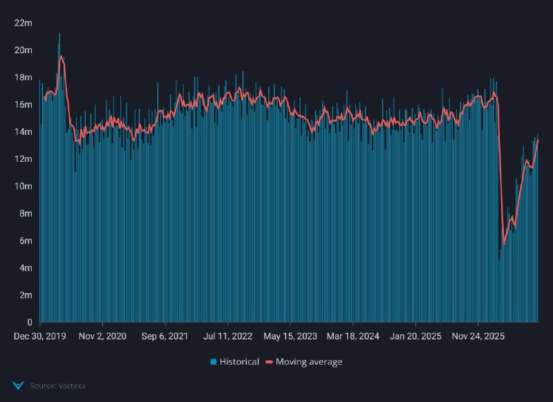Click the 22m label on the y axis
(x=24, y=23)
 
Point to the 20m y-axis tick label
(x=24, y=50)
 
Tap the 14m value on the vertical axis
(x=24, y=132)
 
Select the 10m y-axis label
(x=24, y=186)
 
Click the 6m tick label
(x=26, y=241)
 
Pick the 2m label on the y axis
(x=26, y=295)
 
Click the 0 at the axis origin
(x=30, y=322)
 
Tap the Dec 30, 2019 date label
(x=40, y=336)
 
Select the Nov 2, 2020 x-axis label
(x=102, y=336)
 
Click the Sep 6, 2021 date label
(x=165, y=336)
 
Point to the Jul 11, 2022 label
(x=228, y=336)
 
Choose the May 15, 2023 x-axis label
(x=290, y=336)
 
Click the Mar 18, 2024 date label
(x=353, y=336)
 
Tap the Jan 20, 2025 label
(x=415, y=336)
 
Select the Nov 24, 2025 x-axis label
(x=478, y=336)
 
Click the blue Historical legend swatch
(x=214, y=362)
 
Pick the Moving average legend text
(x=309, y=362)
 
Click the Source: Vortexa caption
(x=58, y=386)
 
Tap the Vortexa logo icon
(x=18, y=386)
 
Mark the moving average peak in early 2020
(x=62, y=56)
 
